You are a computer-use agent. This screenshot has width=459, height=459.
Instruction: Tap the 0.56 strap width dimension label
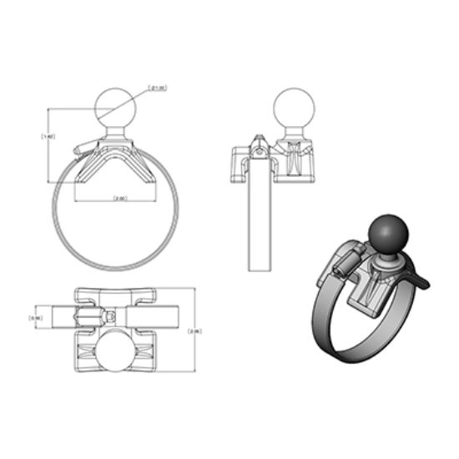(37, 318)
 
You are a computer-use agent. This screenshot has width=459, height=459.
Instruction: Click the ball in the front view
(116, 108)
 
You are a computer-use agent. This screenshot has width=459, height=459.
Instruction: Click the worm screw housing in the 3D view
(344, 265)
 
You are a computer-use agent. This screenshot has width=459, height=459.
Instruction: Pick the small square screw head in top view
(112, 317)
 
